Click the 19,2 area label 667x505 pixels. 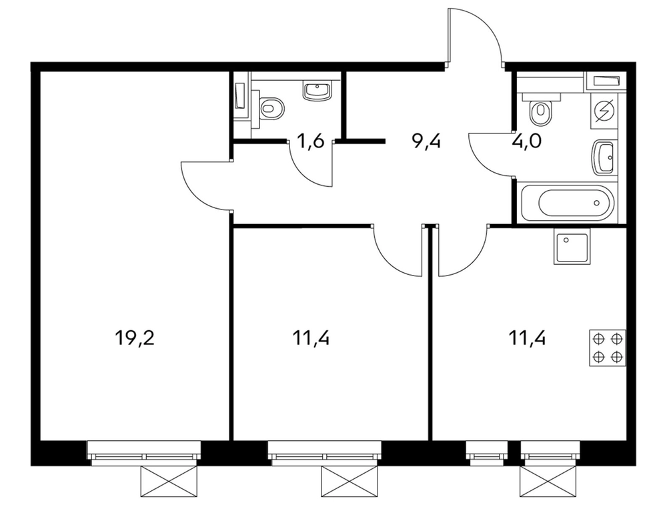134,339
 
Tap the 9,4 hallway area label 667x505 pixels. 427,140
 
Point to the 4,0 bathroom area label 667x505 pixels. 526,140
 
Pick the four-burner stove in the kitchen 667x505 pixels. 608,348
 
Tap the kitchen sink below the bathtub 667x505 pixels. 572,246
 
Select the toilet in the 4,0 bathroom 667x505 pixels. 540,109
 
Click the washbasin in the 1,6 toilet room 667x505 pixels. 316,91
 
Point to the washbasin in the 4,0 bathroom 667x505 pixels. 603,157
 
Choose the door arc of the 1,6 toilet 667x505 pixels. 301,172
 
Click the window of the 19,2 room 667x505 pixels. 144,451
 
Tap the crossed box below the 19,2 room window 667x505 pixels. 169,481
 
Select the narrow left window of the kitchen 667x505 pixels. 487,451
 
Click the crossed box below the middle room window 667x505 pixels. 350,481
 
